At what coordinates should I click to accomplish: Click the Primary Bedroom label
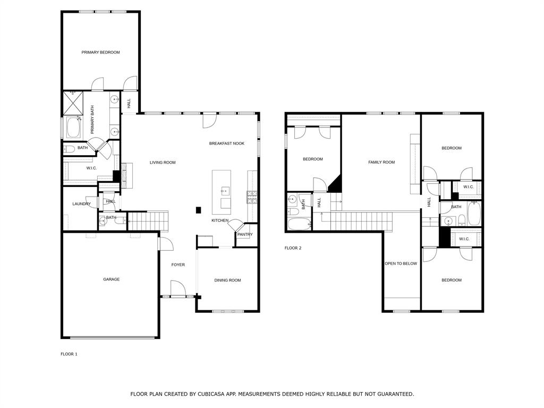pyautogui.click(x=100, y=53)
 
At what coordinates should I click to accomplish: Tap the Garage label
pyautogui.click(x=112, y=279)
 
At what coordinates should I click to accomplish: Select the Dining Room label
pyautogui.click(x=227, y=280)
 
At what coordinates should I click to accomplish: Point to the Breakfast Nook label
pyautogui.click(x=227, y=143)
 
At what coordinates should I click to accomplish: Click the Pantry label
pyautogui.click(x=245, y=234)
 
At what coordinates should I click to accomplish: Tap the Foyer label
pyautogui.click(x=178, y=265)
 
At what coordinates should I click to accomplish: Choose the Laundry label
pyautogui.click(x=81, y=204)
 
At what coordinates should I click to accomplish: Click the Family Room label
pyautogui.click(x=381, y=162)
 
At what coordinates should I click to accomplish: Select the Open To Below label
pyautogui.click(x=401, y=263)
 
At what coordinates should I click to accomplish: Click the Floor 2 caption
pyautogui.click(x=293, y=248)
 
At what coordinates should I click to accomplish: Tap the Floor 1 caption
pyautogui.click(x=69, y=354)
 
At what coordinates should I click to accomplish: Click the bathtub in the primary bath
pyautogui.click(x=73, y=128)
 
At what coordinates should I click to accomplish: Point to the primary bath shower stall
pyautogui.click(x=73, y=103)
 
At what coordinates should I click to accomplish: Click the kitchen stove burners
pyautogui.click(x=252, y=197)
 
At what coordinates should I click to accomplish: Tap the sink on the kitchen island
pyautogui.click(x=225, y=191)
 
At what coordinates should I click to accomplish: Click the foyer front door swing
pyautogui.click(x=178, y=288)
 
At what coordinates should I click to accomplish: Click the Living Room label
pyautogui.click(x=163, y=163)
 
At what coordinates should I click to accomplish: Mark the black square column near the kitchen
pyautogui.click(x=199, y=210)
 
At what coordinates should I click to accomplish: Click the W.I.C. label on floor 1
pyautogui.click(x=91, y=168)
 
